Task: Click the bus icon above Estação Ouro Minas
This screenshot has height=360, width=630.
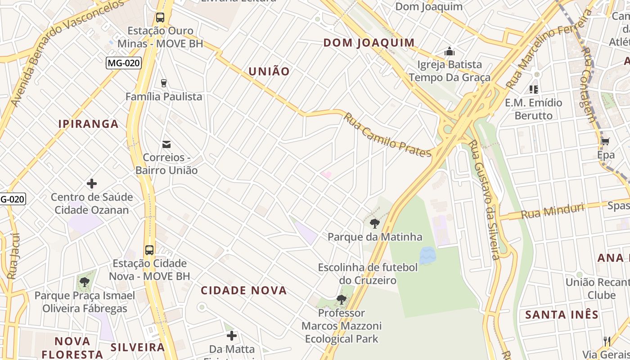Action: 160,18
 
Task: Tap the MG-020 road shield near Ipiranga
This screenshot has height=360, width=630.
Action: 124,63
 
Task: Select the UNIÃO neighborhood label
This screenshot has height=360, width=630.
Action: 269,72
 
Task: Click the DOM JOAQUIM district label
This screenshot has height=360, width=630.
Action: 369,43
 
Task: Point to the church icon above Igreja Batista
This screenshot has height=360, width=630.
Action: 449,52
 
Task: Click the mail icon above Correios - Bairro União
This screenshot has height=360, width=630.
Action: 166,144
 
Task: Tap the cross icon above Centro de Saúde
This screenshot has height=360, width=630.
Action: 92,184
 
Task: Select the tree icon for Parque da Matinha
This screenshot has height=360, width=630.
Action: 374,223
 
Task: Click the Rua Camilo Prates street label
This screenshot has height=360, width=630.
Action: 387,135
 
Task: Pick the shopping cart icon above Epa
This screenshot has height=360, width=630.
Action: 606,142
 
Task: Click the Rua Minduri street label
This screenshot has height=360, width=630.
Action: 553,211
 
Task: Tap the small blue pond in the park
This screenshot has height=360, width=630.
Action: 427,255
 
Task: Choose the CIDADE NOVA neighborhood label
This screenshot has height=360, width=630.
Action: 244,290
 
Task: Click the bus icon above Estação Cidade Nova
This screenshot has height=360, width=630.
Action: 149,250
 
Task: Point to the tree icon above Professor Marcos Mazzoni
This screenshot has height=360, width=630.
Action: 342,299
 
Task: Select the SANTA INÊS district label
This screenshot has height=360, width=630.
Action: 562,315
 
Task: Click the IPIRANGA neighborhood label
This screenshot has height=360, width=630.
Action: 89,124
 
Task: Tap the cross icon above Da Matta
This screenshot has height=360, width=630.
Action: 232,336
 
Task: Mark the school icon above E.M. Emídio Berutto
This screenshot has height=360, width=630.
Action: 534,89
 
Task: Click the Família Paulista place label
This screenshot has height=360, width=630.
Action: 164,97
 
